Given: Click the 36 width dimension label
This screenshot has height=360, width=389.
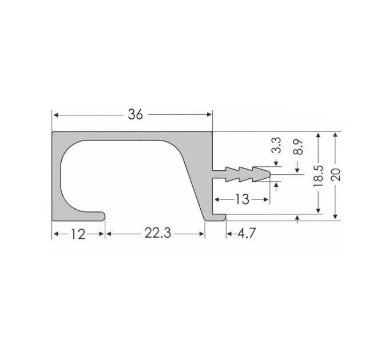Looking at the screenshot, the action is pyautogui.click(x=136, y=114).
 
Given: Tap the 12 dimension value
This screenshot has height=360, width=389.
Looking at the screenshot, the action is pyautogui.click(x=78, y=234).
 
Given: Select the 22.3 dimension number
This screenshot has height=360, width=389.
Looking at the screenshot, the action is pyautogui.click(x=158, y=233).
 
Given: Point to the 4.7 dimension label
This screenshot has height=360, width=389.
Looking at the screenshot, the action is pyautogui.click(x=247, y=233).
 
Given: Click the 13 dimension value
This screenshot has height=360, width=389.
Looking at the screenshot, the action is pyautogui.click(x=242, y=199).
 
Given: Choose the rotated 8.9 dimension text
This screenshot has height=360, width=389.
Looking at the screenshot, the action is pyautogui.click(x=298, y=147).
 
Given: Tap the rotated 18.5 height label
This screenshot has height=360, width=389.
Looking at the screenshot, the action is pyautogui.click(x=319, y=176).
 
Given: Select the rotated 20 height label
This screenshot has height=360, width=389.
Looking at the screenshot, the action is pyautogui.click(x=336, y=174).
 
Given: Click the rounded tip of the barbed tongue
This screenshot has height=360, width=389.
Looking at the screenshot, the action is pyautogui.click(x=269, y=174).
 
